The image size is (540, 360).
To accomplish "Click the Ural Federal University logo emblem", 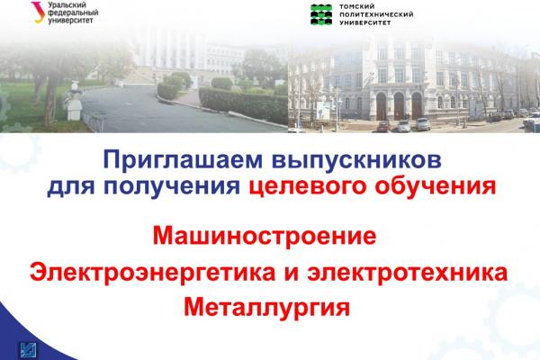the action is pos(38,12).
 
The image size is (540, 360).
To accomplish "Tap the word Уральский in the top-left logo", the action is pos(67,5).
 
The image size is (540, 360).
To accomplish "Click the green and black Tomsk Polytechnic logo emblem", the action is pos(321,14).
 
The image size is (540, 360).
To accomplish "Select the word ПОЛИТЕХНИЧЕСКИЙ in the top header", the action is pos(376,14).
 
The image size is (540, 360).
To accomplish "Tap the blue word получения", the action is pos(172,186).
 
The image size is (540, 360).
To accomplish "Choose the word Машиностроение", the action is pos(265,236).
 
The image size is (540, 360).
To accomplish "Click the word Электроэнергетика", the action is pos(153,272).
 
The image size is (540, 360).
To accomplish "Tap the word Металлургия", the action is pos(267,308).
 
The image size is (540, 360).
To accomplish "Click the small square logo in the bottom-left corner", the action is pos(29,351).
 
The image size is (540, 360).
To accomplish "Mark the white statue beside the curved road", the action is pos(74,102).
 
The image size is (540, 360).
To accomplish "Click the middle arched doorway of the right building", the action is pos(399,106).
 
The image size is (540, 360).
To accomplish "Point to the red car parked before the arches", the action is pos(383,126).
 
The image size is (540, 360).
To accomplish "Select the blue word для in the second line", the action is pos(70,187).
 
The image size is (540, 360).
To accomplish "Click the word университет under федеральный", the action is pos(70,21).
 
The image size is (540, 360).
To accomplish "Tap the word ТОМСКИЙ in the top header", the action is pos(352,6).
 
